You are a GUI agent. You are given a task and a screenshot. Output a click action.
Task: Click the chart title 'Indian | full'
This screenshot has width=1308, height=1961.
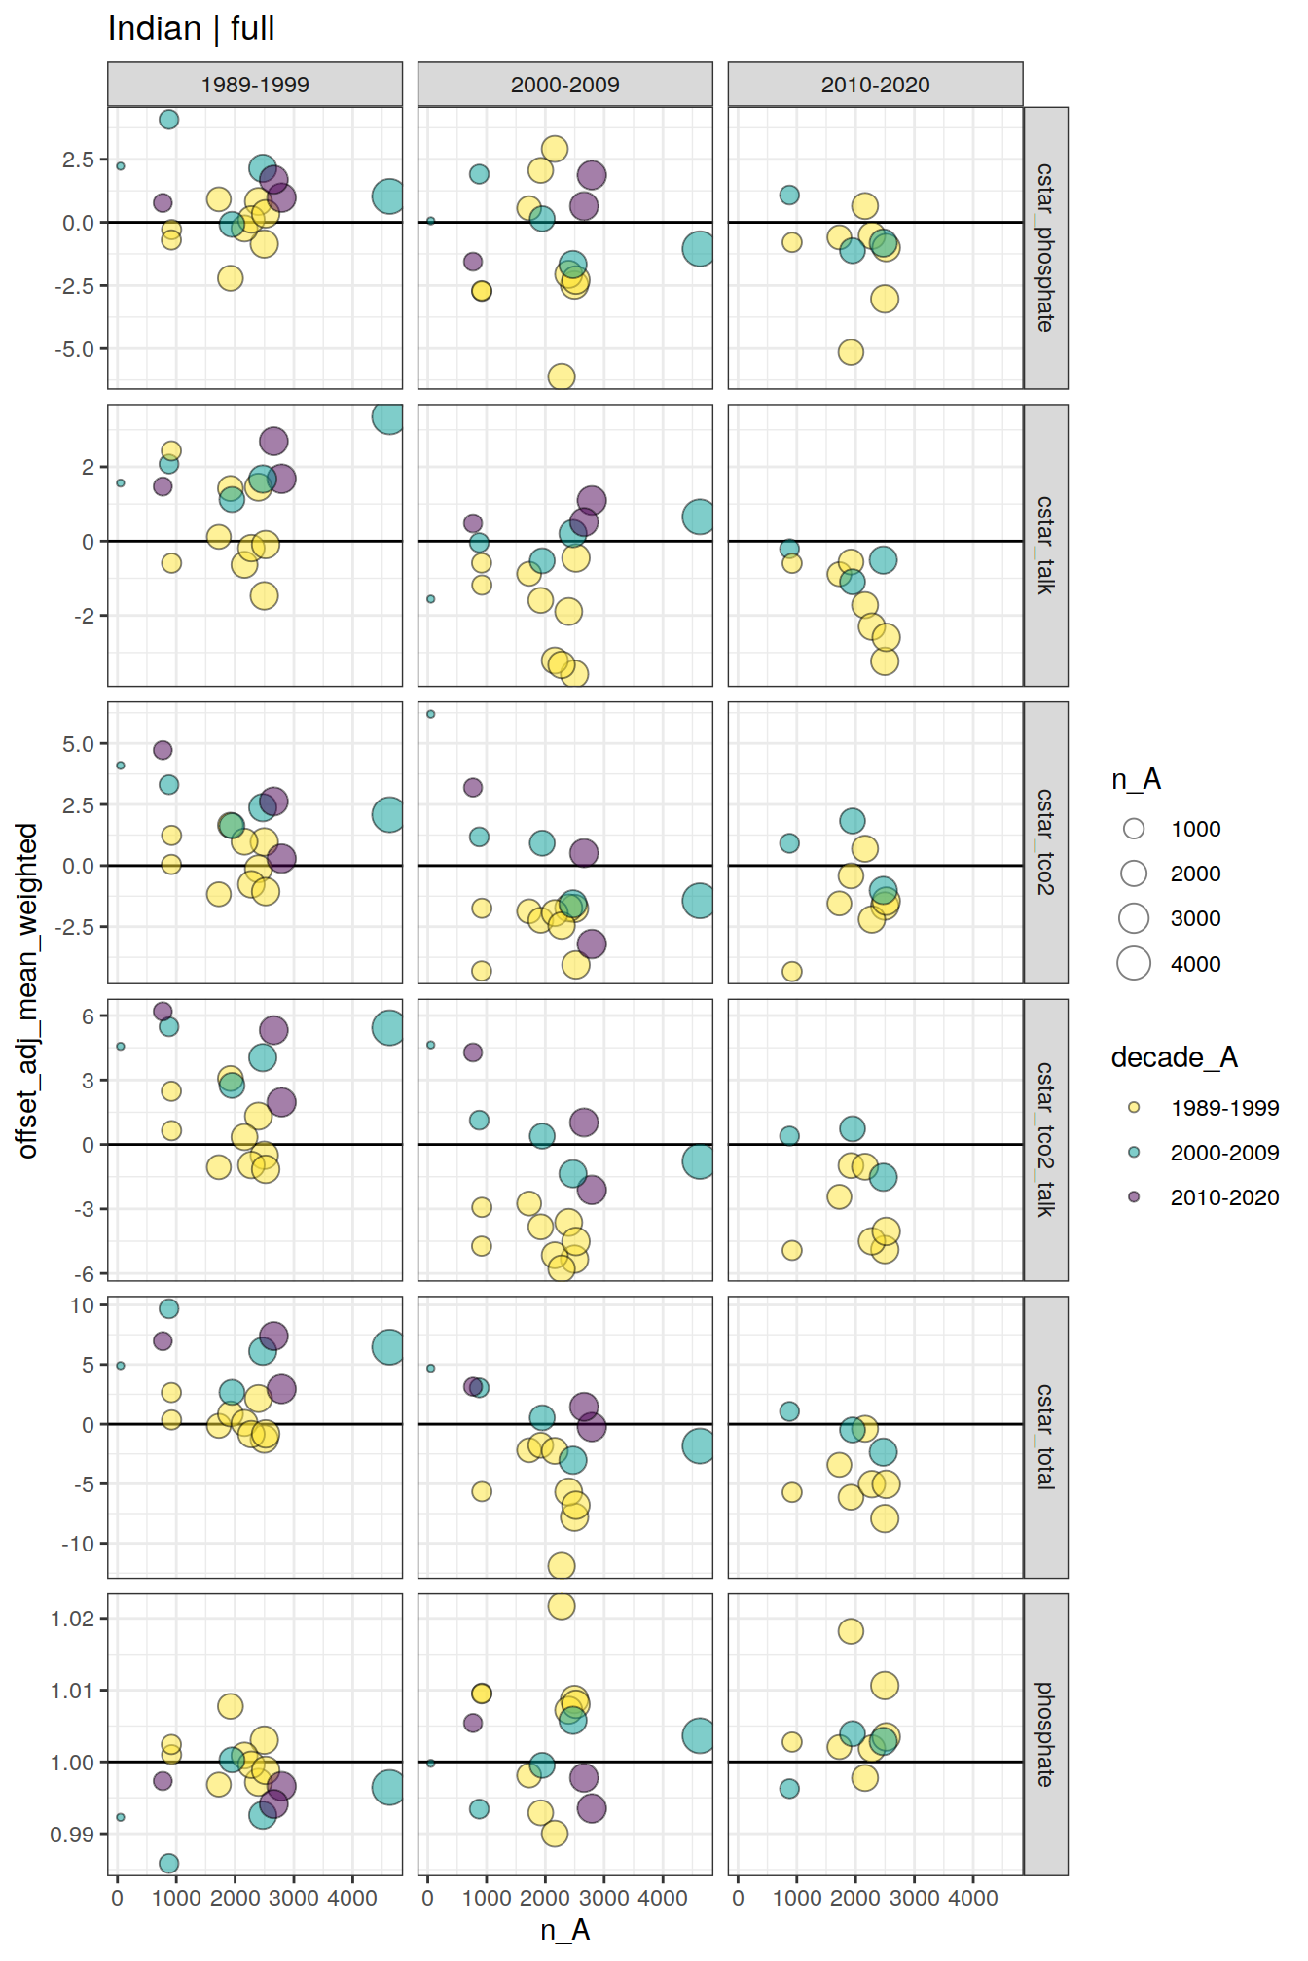point(191,29)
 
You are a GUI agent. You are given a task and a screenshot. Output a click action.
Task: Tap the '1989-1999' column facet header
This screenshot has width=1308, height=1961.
point(255,85)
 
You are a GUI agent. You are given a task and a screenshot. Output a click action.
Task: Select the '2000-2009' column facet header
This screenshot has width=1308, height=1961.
point(564,85)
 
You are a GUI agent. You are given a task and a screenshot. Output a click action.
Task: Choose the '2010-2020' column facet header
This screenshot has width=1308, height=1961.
point(875,85)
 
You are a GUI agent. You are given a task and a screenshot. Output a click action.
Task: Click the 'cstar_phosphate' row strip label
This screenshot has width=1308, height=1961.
point(1045,248)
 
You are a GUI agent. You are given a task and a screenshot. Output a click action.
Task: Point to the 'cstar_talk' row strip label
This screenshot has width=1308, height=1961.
point(1045,545)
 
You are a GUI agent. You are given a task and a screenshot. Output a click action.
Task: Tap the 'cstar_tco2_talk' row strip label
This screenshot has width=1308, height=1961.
point(1045,1139)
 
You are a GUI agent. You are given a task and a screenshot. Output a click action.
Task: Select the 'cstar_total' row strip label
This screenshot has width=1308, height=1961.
point(1045,1437)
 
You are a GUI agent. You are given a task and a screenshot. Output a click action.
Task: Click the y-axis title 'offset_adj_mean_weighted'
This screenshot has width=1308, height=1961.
point(28,990)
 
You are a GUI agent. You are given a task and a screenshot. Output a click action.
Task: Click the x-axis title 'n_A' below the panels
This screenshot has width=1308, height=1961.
point(564,1930)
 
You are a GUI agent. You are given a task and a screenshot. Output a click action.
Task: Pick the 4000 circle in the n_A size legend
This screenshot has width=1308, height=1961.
point(1134,963)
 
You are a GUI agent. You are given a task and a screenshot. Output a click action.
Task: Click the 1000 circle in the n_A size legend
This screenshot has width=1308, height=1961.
point(1134,829)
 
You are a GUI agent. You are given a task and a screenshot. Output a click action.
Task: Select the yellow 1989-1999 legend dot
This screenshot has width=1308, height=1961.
point(1134,1107)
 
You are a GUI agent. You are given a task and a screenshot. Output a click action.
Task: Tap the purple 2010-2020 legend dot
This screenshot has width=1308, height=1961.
point(1134,1196)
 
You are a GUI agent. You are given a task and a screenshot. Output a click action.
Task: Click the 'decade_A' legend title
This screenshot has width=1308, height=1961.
point(1174,1057)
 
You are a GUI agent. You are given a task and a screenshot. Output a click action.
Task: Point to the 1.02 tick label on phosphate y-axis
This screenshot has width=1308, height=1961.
point(72,1619)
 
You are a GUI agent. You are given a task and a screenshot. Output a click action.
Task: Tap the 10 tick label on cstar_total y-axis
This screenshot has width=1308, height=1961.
point(82,1305)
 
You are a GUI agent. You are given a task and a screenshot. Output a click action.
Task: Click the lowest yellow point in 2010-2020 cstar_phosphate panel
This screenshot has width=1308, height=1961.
point(851,352)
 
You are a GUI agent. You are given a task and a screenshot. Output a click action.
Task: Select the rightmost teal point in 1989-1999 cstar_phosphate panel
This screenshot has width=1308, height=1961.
point(388,196)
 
